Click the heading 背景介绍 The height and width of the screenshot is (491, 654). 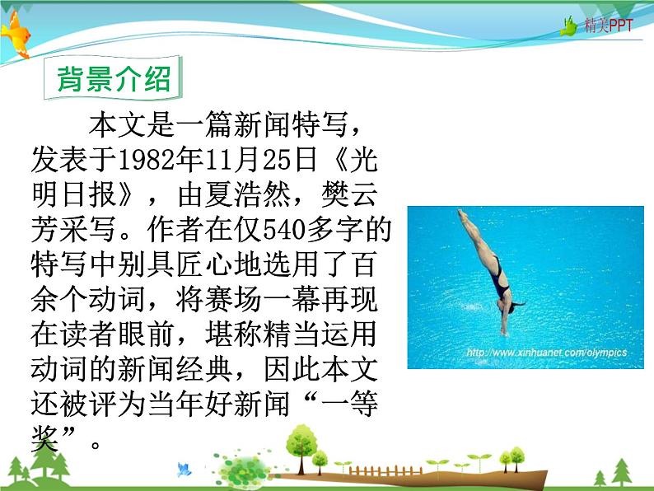click(x=113, y=80)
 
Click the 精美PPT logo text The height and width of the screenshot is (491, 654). click(x=610, y=26)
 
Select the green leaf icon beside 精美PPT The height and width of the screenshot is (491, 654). click(x=570, y=26)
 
